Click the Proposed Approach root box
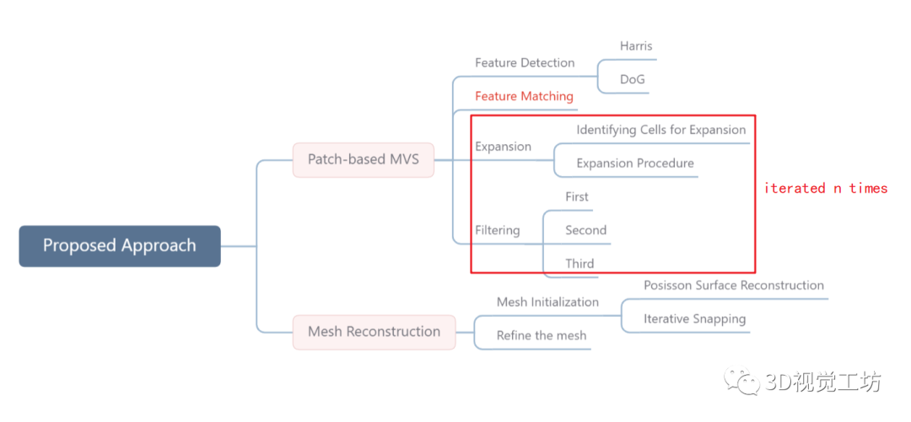click(120, 246)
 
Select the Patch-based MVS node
click(363, 159)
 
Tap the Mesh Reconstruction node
click(374, 332)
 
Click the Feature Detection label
click(525, 63)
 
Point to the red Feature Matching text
click(524, 97)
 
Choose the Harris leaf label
click(636, 46)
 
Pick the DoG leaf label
click(633, 80)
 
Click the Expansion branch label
click(503, 147)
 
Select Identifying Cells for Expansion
click(661, 131)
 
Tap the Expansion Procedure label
click(635, 163)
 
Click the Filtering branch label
click(497, 230)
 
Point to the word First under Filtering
click(577, 197)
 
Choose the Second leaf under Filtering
click(585, 230)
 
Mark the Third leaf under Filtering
click(579, 264)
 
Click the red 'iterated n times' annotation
click(826, 189)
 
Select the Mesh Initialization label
click(547, 302)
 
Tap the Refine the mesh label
click(542, 335)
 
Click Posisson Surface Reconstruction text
click(734, 286)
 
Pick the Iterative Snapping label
click(694, 319)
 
